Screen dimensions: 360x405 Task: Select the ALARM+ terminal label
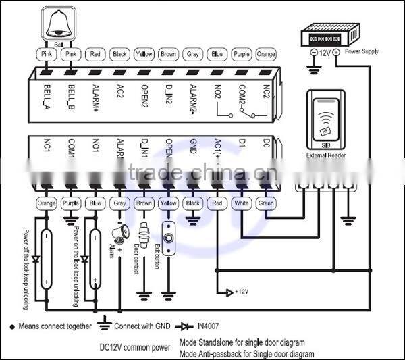(95, 97)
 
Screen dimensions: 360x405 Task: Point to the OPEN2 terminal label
(144, 96)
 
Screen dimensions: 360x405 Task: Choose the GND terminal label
(193, 149)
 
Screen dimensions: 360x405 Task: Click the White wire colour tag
(241, 203)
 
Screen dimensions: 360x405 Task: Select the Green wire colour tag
(265, 203)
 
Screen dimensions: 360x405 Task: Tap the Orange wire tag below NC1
(47, 203)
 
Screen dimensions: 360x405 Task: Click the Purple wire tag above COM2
(241, 54)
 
